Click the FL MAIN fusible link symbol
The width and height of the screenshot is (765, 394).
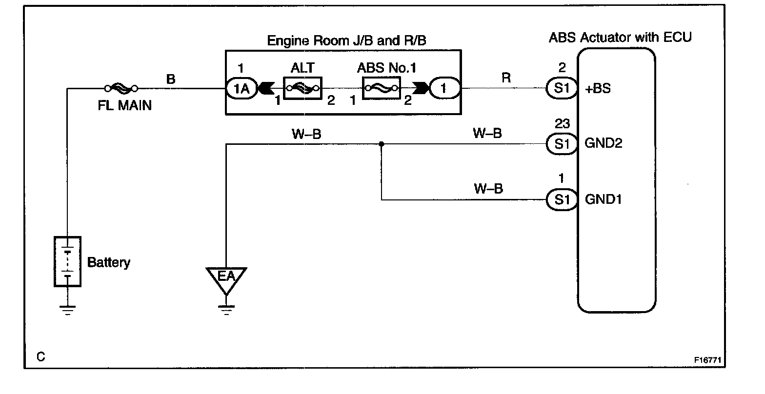[121, 88]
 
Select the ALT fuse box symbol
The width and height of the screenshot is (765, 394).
[302, 88]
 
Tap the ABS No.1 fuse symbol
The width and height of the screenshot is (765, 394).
[381, 88]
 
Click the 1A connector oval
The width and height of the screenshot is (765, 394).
[242, 88]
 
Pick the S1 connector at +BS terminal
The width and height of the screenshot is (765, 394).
[562, 88]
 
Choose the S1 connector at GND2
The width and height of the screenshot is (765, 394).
[562, 144]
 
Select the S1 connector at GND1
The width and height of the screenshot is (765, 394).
[562, 199]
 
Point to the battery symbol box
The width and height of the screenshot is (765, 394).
[68, 261]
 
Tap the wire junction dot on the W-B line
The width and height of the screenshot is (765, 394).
[382, 144]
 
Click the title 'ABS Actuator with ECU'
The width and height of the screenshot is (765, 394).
[620, 37]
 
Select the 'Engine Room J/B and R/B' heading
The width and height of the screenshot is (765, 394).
[346, 40]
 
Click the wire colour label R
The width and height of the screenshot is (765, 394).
[506, 78]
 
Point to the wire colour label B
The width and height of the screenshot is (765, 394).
[171, 79]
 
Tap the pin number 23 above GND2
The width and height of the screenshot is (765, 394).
[562, 123]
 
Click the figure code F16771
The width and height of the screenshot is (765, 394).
[707, 360]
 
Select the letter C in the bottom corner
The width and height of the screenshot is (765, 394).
[41, 357]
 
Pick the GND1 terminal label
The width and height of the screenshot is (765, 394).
[604, 199]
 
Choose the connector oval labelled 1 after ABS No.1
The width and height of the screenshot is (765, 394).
[444, 88]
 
